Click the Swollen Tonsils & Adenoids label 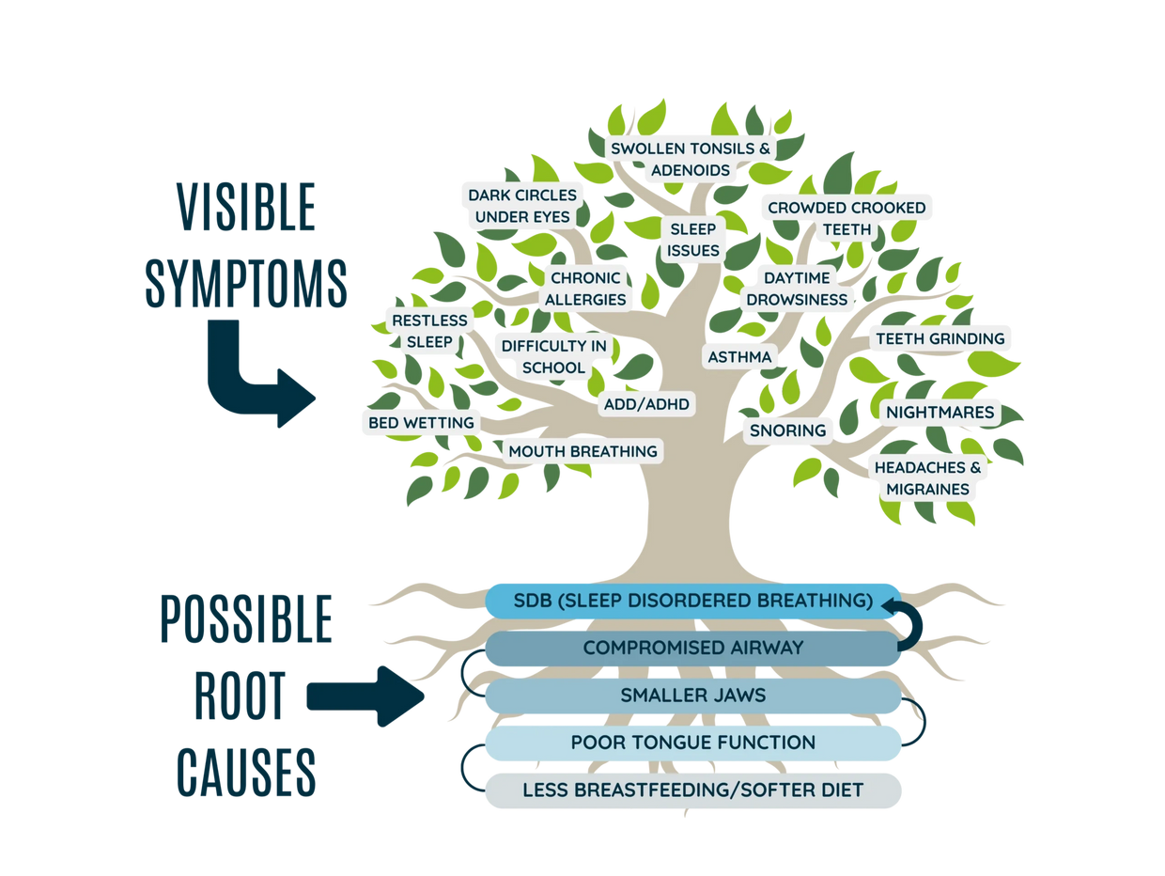[x=691, y=160]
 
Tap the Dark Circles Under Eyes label [x=522, y=206]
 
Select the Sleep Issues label [x=694, y=240]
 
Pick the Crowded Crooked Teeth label [x=847, y=218]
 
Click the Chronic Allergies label [x=587, y=289]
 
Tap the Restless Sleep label [x=429, y=331]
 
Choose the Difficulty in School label [x=553, y=356]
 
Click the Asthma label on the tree [x=739, y=357]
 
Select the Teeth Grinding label [x=940, y=338]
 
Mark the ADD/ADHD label [x=645, y=404]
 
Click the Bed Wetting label [x=421, y=423]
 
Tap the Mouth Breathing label [x=582, y=451]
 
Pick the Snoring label [x=787, y=430]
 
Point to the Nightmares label [x=940, y=412]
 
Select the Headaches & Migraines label [x=927, y=478]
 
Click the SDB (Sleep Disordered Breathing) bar [x=692, y=601]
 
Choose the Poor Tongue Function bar [x=692, y=743]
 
